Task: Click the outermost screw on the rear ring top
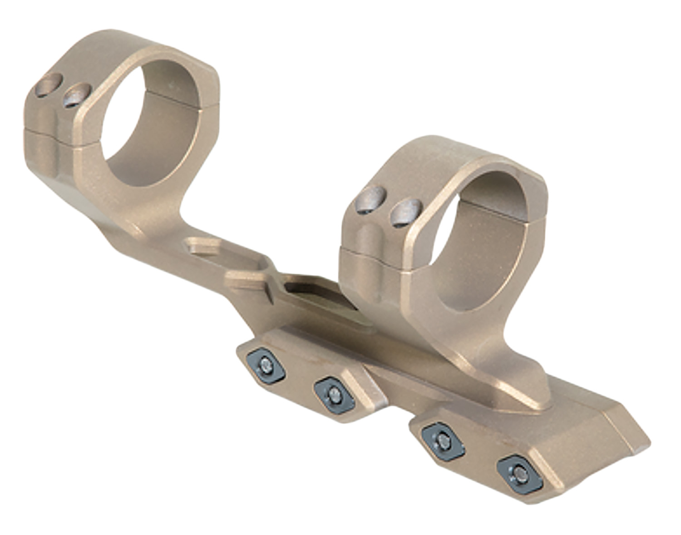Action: pos(49,86)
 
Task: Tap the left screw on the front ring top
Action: pos(371,200)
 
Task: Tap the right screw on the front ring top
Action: pos(406,213)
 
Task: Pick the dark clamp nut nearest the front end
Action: pos(520,475)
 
